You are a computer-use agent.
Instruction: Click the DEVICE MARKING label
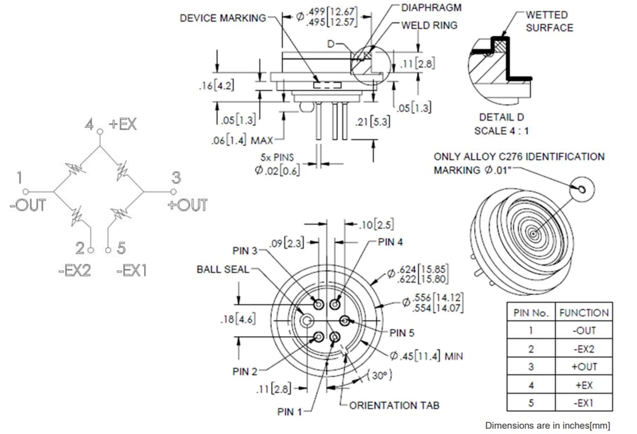223,18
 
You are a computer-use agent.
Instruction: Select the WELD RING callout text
429,25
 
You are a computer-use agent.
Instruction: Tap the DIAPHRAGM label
432,8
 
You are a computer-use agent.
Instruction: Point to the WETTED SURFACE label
549,21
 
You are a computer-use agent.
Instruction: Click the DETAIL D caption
502,117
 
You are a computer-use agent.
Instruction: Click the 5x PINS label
277,157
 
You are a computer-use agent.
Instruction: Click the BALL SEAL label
223,269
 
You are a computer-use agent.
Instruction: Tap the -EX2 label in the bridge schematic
75,270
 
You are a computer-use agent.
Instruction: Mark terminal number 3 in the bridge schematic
176,178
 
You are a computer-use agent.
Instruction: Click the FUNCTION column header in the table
584,312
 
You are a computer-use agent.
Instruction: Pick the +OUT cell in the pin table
584,367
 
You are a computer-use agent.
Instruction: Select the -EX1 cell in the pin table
584,403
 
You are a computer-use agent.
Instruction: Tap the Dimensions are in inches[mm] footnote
547,425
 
